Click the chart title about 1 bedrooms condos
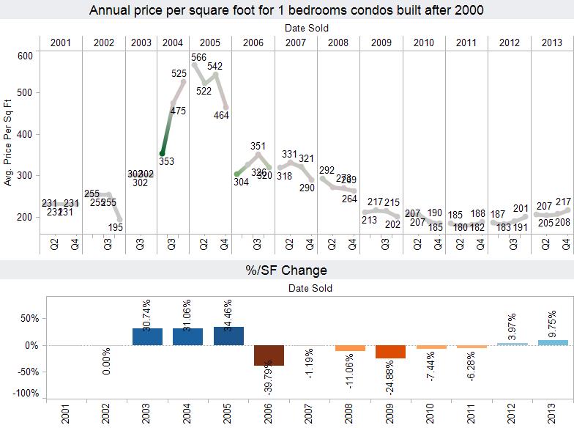click(286, 11)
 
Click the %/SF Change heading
click(286, 270)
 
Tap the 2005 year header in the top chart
click(211, 43)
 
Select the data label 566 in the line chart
click(198, 57)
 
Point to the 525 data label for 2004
click(179, 73)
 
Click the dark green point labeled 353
click(162, 153)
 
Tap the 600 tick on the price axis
click(26, 56)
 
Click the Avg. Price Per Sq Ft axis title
click(9, 144)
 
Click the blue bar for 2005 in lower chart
click(228, 336)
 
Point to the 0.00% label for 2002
click(107, 362)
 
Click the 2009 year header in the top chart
click(381, 43)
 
